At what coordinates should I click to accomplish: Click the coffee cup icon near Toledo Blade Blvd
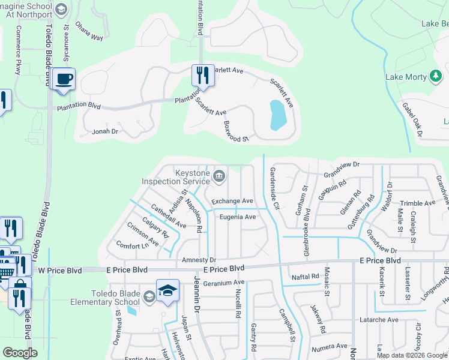(x=64, y=79)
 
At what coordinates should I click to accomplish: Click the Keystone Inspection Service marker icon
(x=219, y=176)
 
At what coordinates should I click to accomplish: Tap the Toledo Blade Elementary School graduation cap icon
(x=167, y=291)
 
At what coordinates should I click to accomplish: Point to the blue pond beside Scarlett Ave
(x=277, y=115)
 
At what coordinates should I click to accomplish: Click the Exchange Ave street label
(x=232, y=201)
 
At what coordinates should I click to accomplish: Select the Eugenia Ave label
(x=238, y=217)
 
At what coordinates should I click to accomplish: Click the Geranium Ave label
(x=224, y=283)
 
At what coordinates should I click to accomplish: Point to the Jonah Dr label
(x=104, y=131)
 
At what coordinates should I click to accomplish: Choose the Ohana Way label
(x=89, y=34)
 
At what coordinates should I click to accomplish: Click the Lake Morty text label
(x=405, y=77)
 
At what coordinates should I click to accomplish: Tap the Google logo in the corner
(x=20, y=352)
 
